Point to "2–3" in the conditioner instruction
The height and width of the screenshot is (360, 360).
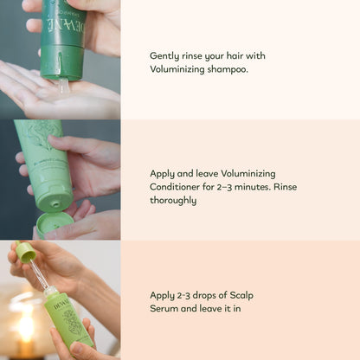(224, 187)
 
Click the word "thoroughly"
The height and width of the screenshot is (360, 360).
(173, 200)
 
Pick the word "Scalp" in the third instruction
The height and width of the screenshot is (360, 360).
(241, 296)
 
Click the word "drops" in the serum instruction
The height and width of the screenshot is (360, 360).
(205, 295)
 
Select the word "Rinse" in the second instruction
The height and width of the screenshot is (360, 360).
(285, 187)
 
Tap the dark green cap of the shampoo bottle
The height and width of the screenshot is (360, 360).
(61, 61)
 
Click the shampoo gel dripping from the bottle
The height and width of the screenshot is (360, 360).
(64, 87)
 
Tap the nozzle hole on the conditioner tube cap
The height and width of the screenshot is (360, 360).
(55, 205)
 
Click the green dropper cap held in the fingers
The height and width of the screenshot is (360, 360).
(26, 252)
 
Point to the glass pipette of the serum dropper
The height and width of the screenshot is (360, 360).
(40, 274)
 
